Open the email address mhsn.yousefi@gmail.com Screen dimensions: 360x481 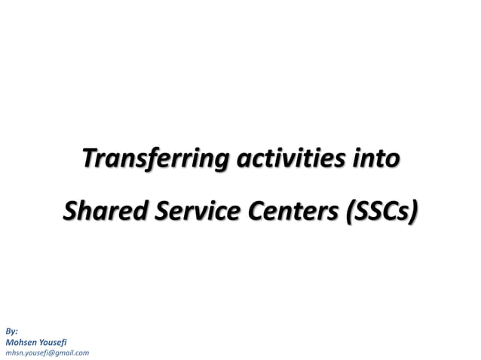click(47, 352)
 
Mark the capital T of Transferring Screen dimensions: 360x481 click(89, 160)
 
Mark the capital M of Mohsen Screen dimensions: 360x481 click(9, 341)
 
